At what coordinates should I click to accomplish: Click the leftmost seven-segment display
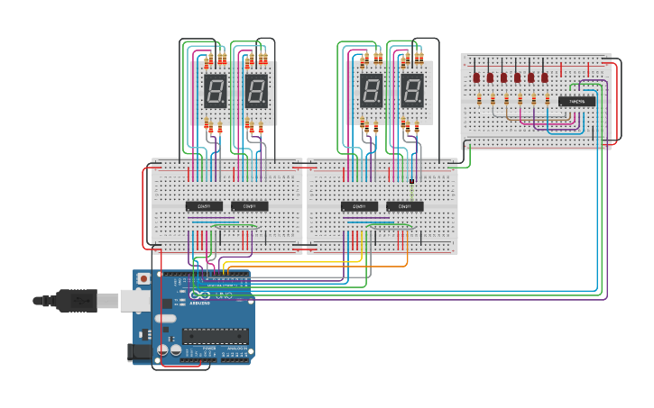click(216, 91)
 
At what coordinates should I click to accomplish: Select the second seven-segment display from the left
click(256, 91)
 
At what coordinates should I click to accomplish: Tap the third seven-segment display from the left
click(372, 91)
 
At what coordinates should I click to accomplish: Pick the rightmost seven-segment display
click(412, 91)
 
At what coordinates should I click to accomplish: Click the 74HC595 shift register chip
click(576, 101)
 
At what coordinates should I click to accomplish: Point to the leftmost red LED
click(476, 78)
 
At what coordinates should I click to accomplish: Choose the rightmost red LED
click(545, 78)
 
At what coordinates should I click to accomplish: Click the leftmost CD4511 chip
click(204, 206)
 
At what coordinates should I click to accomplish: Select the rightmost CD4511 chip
click(405, 206)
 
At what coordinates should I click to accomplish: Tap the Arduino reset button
click(143, 278)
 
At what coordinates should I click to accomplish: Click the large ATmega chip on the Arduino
click(215, 336)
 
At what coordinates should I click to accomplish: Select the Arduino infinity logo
click(199, 295)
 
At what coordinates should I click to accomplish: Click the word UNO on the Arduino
click(223, 296)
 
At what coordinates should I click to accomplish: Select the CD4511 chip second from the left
click(250, 206)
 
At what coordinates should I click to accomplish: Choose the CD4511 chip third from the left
click(359, 206)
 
